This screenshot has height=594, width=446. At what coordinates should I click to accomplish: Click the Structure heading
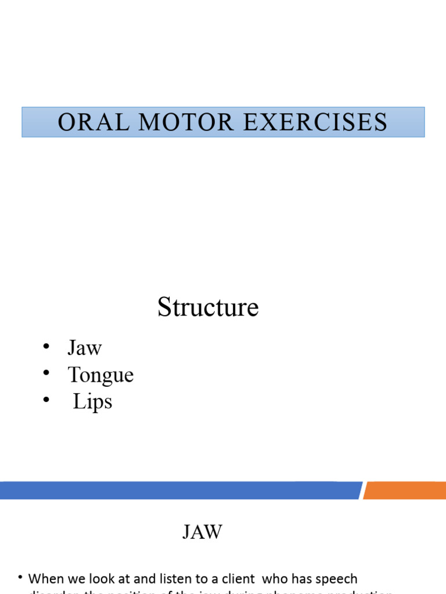point(208,307)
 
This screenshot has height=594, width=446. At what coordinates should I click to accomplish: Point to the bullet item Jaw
point(85,348)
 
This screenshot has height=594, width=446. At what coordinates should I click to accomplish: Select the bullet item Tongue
point(100,375)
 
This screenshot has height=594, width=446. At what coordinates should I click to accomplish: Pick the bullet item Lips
point(92,402)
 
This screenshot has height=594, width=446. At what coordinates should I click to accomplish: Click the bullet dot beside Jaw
point(46,347)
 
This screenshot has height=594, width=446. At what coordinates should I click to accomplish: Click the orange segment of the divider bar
point(405,490)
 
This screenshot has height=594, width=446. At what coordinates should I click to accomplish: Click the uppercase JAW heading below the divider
point(203,533)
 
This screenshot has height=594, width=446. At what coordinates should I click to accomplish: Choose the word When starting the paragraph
point(46,579)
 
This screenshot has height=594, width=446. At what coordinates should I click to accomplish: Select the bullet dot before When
point(20,578)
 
